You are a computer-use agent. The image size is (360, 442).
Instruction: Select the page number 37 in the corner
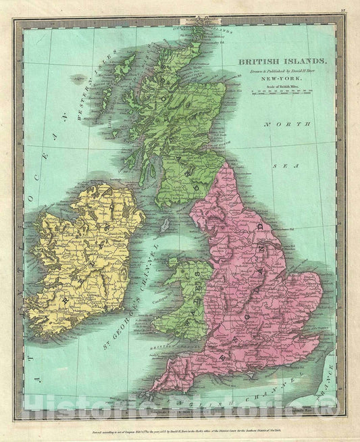click(x=343, y=9)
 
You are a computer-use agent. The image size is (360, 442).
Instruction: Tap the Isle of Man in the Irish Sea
click(x=164, y=224)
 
